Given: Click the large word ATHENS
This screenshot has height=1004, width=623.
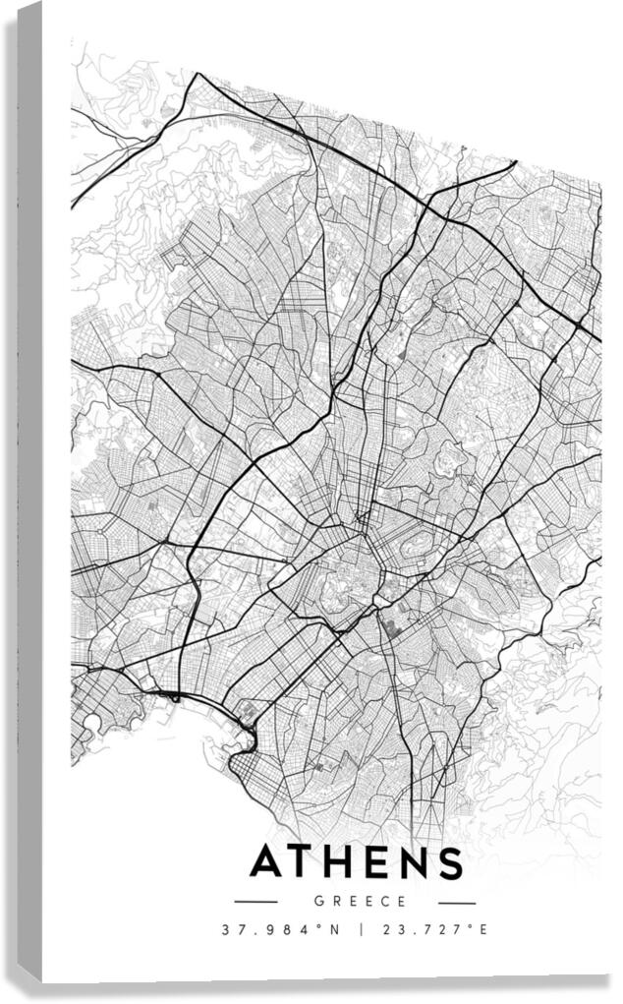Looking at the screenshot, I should click(x=355, y=862).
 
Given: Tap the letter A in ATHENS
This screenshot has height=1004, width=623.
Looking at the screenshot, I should click(x=268, y=862).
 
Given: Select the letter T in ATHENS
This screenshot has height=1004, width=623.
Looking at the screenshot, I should click(x=304, y=862).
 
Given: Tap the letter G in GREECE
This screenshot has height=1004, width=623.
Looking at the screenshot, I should click(x=318, y=901).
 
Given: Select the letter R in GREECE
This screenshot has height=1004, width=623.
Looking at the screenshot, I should click(x=334, y=901).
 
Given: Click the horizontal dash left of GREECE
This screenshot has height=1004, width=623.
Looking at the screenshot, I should click(x=256, y=902).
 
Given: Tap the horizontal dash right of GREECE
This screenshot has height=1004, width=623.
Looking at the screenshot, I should click(x=456, y=902).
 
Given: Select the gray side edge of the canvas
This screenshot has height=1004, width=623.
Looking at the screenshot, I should click(x=29, y=492).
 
